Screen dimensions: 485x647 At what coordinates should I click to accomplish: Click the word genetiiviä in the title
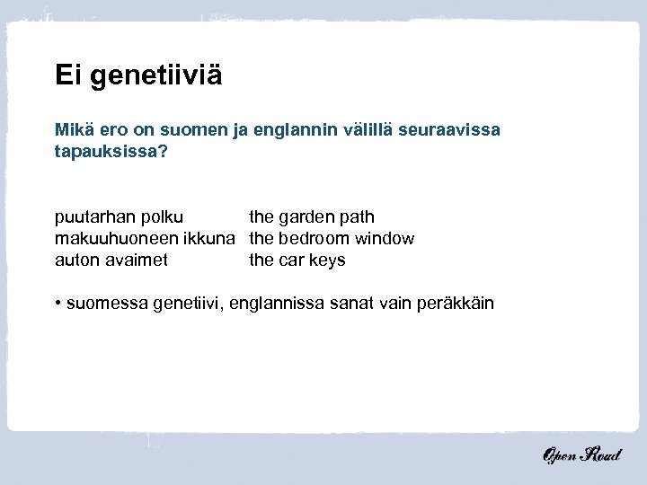pos(154,75)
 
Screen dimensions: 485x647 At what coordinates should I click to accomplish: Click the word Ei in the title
pos(67,74)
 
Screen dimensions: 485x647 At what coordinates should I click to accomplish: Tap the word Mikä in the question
pos(73,131)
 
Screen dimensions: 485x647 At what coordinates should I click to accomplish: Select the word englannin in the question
pos(291,131)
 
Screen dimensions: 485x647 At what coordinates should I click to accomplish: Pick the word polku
pos(162,217)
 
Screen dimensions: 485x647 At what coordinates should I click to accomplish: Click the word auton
pos(77,260)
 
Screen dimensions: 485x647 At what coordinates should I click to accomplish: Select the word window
pos(385,239)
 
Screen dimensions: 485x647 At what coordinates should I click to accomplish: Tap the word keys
pos(326,260)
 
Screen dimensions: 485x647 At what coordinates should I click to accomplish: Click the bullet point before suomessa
pos(58,303)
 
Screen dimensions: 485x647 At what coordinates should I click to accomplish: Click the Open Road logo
pos(581,455)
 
